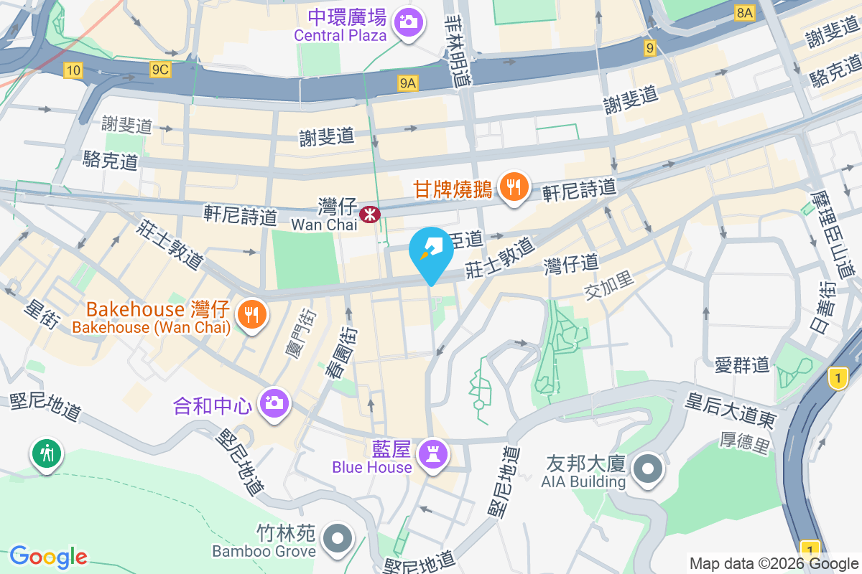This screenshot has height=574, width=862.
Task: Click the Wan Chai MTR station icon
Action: coord(369,214)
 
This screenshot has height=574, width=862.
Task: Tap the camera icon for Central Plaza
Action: coord(409,21)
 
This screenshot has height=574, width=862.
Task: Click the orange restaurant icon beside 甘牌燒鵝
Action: coord(513,188)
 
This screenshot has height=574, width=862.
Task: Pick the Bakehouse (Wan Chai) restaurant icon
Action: coord(251,314)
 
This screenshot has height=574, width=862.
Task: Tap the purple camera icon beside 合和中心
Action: coord(274,403)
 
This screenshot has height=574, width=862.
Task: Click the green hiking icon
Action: coord(47,453)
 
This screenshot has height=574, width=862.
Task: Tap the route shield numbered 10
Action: coord(73,70)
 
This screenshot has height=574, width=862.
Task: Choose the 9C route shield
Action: coord(159,70)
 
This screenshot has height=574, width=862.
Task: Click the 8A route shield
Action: coord(745,13)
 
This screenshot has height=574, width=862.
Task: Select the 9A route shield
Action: coord(408,83)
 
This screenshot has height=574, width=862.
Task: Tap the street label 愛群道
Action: coord(742,364)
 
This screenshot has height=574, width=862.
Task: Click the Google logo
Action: coord(49,555)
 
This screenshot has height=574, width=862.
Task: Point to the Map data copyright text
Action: coord(773,563)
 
